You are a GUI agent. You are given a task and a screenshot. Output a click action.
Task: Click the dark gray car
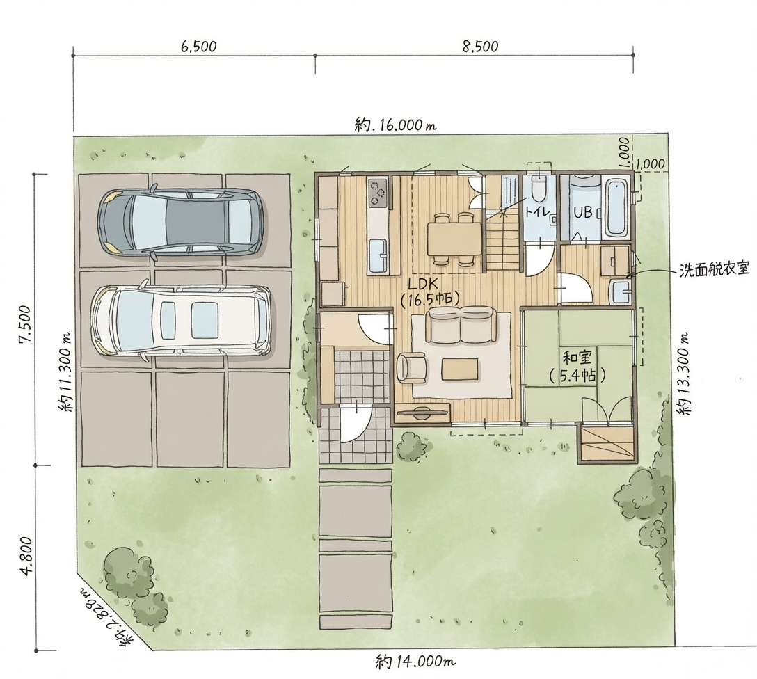pos(181,221)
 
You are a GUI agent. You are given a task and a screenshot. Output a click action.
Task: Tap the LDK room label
pos(429,291)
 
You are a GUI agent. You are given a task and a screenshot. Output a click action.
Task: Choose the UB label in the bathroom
pos(583,212)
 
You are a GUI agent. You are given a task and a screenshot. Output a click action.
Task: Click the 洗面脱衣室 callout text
pos(715,269)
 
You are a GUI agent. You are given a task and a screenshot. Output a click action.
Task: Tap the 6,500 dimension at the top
pos(198,47)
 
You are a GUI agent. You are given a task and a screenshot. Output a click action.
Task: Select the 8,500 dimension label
pos(480,47)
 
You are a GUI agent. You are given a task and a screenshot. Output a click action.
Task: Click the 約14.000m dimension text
pos(415,661)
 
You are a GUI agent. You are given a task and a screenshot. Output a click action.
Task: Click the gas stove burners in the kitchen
pos(378,192)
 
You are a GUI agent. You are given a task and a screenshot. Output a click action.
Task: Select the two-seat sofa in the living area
pos(461,327)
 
